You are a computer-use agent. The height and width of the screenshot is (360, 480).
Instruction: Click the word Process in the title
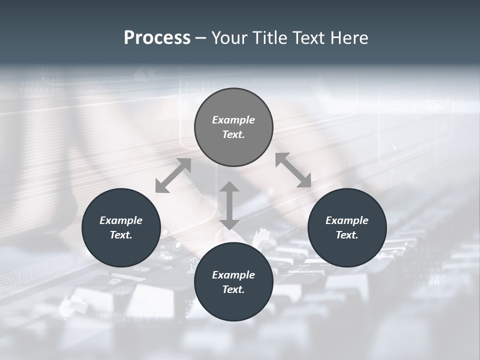(x=157, y=38)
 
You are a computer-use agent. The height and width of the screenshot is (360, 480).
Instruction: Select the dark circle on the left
(x=121, y=250)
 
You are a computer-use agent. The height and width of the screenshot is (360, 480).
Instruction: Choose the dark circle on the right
(x=347, y=250)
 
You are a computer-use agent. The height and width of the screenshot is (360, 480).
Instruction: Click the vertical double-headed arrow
(x=229, y=205)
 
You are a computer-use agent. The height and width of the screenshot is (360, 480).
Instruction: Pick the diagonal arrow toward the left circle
(x=173, y=175)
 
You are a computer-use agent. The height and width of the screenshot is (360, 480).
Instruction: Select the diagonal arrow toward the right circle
(x=293, y=170)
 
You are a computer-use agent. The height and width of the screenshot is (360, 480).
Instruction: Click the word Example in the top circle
(x=233, y=120)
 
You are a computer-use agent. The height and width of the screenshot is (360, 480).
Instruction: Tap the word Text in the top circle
(x=233, y=134)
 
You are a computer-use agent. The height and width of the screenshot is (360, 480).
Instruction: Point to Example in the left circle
(x=121, y=220)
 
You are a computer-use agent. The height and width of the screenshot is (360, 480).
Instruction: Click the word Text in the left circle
(x=121, y=235)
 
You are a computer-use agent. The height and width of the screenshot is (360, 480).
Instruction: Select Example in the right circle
(x=347, y=220)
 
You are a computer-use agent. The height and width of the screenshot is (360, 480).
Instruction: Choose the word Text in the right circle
(x=347, y=235)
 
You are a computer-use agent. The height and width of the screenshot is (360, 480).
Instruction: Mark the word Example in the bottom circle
(x=233, y=275)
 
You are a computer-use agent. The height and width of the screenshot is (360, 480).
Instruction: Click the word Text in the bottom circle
(x=233, y=289)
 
